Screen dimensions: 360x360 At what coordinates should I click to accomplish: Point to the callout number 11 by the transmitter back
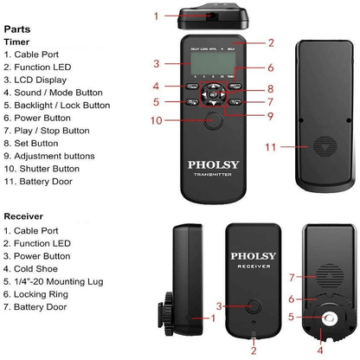tap(271, 147)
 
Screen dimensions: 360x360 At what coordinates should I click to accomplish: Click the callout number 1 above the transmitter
tap(156, 16)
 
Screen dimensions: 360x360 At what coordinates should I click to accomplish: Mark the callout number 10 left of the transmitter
tap(157, 119)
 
